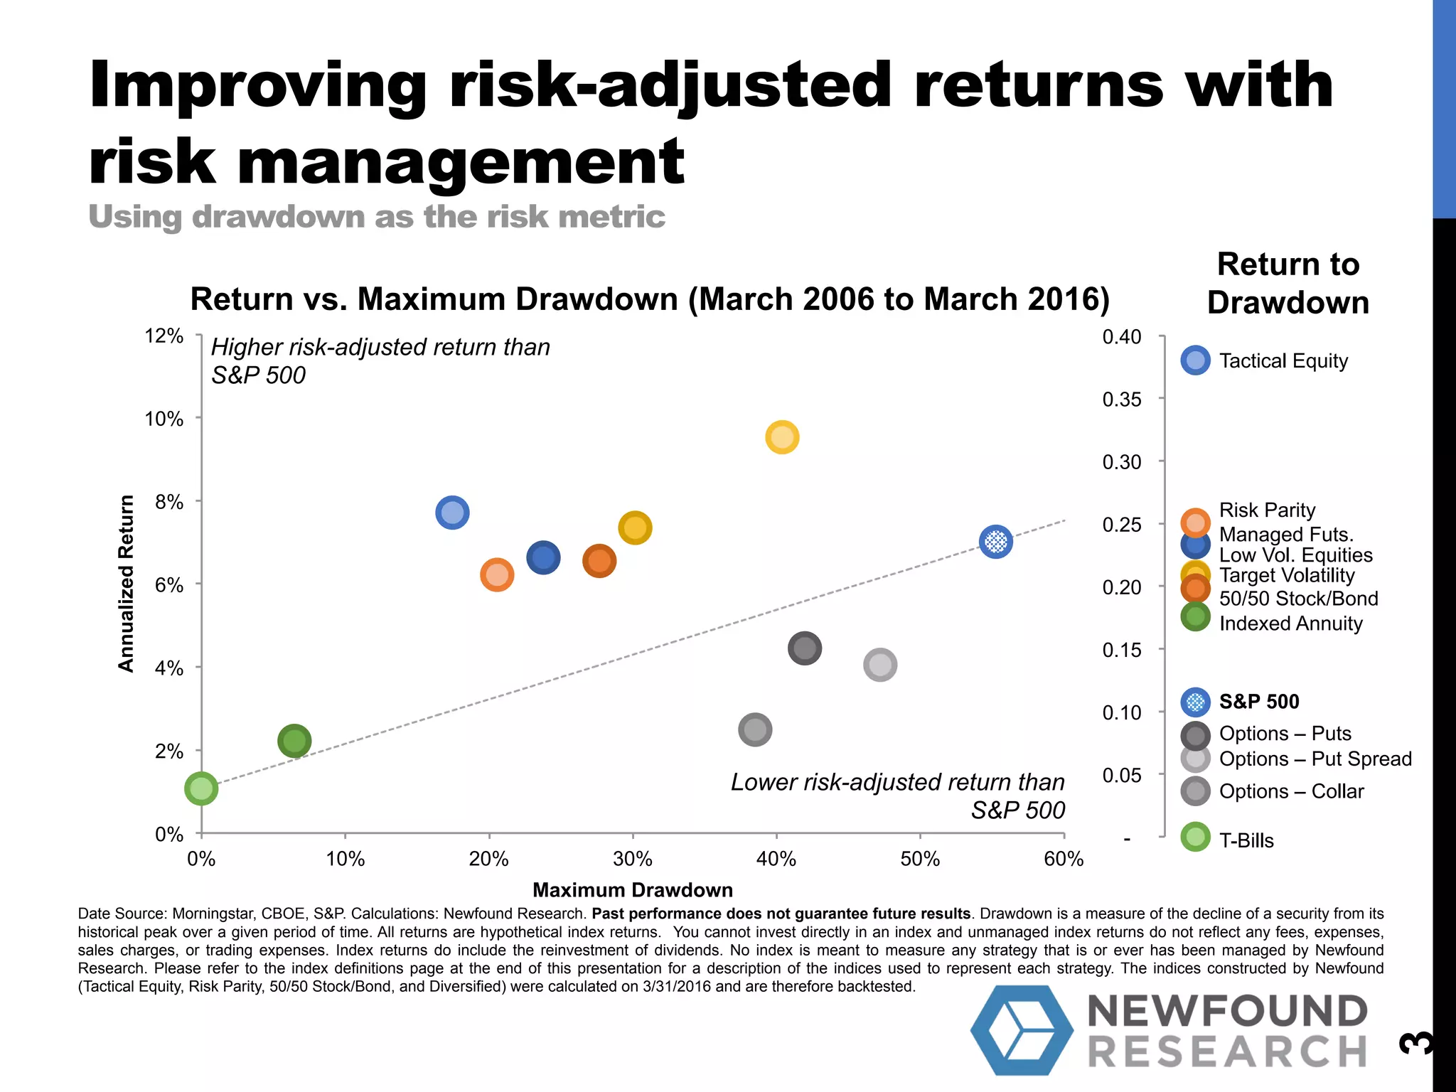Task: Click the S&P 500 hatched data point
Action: coord(995,542)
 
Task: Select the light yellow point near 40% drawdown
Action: coord(782,437)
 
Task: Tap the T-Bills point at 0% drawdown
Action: coord(201,789)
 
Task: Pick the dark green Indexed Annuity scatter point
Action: coord(294,742)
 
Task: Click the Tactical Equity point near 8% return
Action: coord(452,513)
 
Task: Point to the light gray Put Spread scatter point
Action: coord(880,665)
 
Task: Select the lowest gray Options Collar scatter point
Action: coord(755,729)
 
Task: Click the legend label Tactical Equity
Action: coord(1283,361)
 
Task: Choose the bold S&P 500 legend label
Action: coord(1259,702)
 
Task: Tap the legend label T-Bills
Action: coord(1246,840)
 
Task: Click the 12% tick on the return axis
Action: coord(164,336)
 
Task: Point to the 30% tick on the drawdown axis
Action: coord(632,859)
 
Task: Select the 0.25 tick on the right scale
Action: coord(1121,525)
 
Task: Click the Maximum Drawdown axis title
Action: coord(632,890)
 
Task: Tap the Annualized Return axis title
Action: coord(126,583)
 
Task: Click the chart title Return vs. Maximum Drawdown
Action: coord(649,299)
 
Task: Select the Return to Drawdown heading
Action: coord(1288,283)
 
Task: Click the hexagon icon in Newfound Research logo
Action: coord(1022,1029)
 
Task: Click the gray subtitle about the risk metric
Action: coord(377,217)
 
